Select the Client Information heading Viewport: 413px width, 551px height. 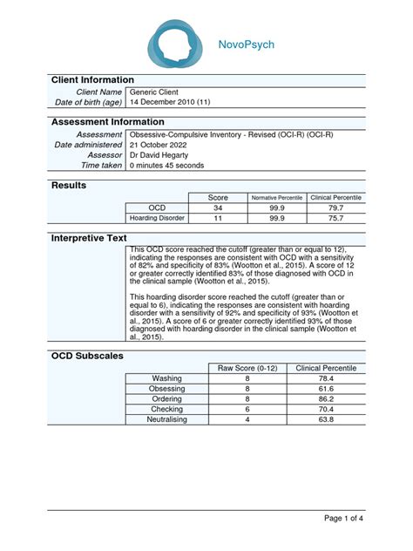[x=93, y=79]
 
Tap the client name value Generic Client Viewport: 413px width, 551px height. [x=158, y=92]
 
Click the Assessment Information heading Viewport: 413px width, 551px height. [x=108, y=122]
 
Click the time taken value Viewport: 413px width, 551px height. [x=167, y=166]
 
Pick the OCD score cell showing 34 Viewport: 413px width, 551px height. [x=219, y=208]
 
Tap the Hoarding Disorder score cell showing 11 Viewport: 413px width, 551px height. [x=219, y=219]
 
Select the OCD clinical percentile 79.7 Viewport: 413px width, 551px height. [x=335, y=208]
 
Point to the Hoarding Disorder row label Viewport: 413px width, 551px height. [x=157, y=219]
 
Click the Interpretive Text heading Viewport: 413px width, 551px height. [x=90, y=238]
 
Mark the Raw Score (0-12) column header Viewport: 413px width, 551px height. [x=247, y=369]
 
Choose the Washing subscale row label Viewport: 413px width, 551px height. [x=166, y=379]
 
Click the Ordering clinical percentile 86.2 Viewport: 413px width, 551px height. [x=325, y=399]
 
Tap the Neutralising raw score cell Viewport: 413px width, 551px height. [x=247, y=419]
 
